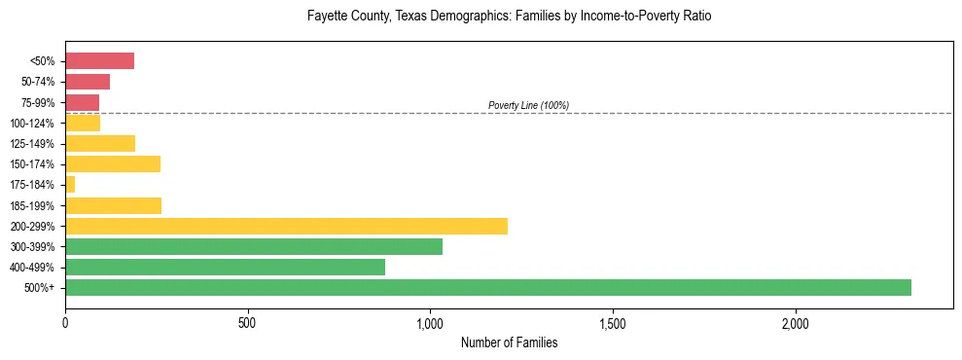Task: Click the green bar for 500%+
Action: [487, 287]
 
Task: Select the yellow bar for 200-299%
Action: [286, 226]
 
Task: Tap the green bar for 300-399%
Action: [253, 246]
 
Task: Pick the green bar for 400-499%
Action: [225, 267]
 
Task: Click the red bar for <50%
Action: [99, 61]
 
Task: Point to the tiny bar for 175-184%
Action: [70, 184]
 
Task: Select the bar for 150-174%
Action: [112, 163]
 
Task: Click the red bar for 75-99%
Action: [82, 102]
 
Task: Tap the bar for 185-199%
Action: [113, 205]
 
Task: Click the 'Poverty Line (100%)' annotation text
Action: [528, 105]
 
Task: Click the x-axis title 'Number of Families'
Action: [509, 342]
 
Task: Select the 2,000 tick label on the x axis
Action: [795, 323]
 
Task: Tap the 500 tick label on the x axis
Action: [247, 323]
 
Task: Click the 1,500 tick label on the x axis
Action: [613, 323]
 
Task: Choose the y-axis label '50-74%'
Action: [38, 82]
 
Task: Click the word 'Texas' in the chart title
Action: [412, 17]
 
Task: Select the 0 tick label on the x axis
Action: [65, 323]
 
